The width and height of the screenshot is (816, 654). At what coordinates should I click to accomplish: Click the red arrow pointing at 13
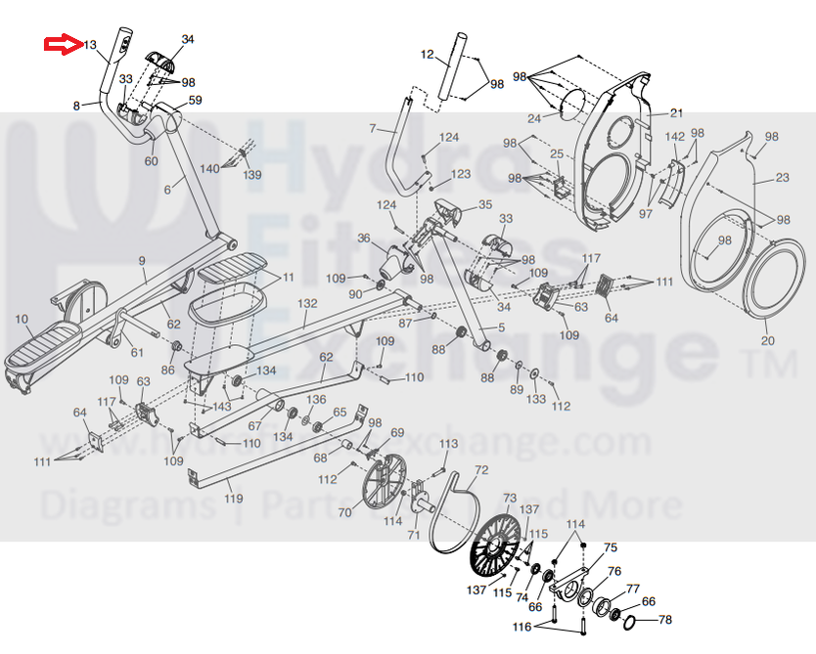pyautogui.click(x=62, y=44)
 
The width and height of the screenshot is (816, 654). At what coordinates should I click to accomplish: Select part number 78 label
pyautogui.click(x=665, y=620)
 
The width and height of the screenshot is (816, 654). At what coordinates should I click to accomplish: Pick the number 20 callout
pyautogui.click(x=767, y=341)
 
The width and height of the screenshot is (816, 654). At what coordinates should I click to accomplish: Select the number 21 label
pyautogui.click(x=676, y=113)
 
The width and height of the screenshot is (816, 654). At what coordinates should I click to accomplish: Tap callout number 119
pyautogui.click(x=233, y=499)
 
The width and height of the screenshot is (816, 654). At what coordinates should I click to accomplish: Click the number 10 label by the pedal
pyautogui.click(x=22, y=320)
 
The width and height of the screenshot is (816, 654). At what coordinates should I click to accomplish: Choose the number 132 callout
pyautogui.click(x=307, y=304)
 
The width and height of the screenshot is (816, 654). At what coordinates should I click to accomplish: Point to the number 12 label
pyautogui.click(x=427, y=55)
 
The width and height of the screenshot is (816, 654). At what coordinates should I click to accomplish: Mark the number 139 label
pyautogui.click(x=252, y=175)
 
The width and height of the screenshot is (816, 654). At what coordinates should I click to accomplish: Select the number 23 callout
pyautogui.click(x=781, y=177)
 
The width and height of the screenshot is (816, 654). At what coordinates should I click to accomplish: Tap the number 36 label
pyautogui.click(x=363, y=238)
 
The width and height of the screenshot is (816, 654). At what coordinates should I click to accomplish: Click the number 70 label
pyautogui.click(x=344, y=512)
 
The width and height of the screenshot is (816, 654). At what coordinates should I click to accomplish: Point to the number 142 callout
pyautogui.click(x=675, y=137)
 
